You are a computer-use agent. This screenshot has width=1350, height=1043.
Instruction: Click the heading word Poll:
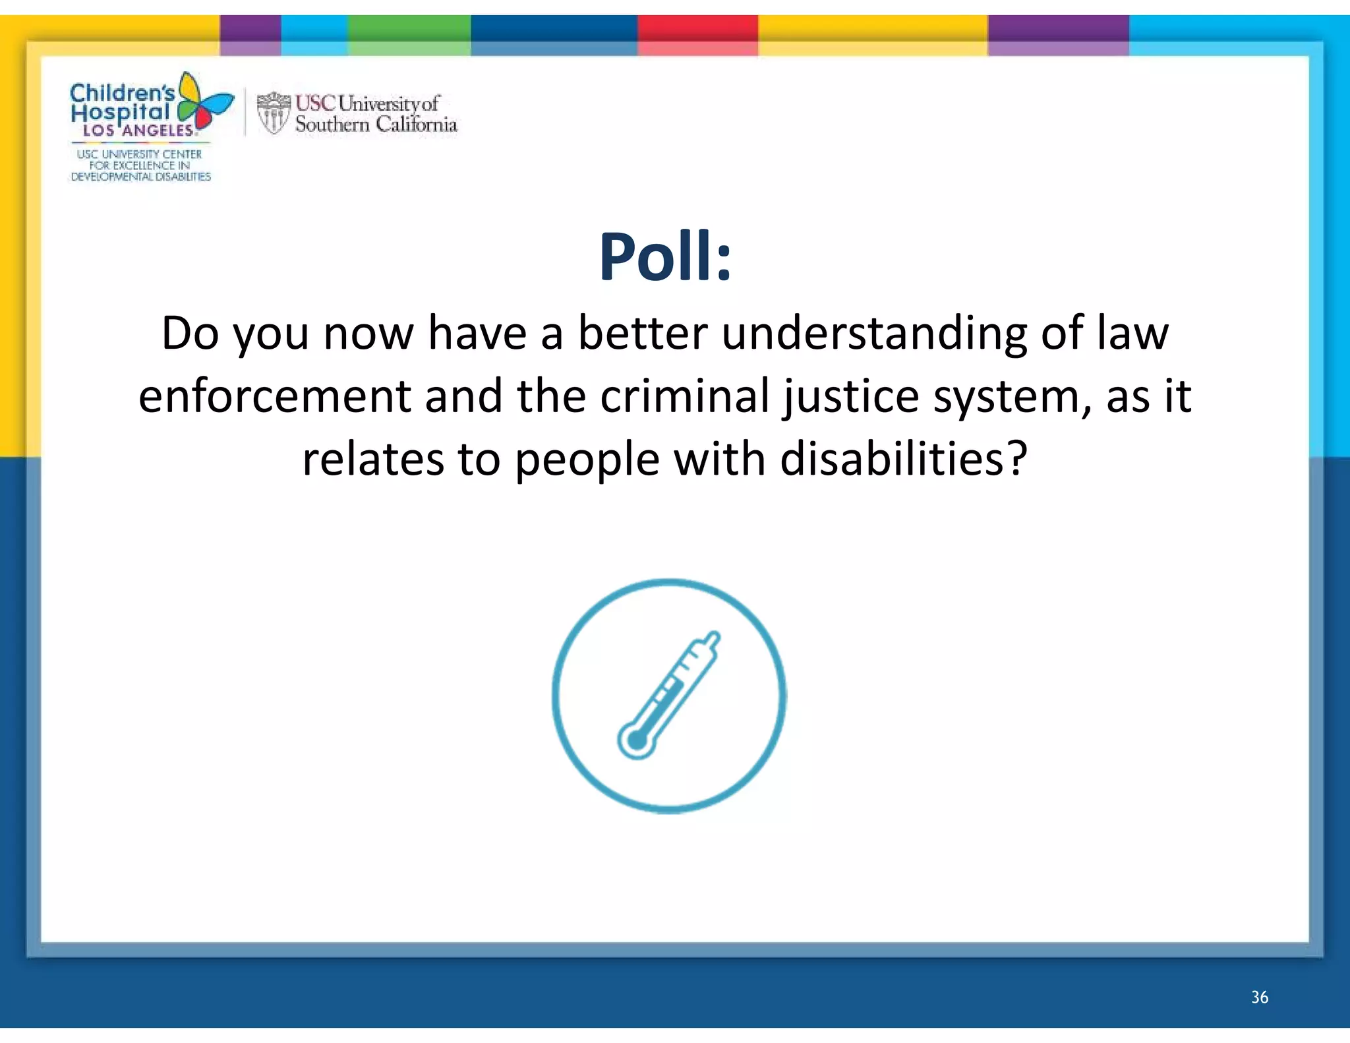[x=665, y=257]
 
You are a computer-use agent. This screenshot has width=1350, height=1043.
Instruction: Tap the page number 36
[x=1259, y=997]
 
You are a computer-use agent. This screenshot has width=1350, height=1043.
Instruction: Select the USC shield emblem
[x=273, y=113]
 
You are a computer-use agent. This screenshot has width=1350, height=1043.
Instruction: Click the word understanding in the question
[x=874, y=333]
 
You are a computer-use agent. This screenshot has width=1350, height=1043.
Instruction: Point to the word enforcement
[x=275, y=396]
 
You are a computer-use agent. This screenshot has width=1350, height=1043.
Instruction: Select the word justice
[x=850, y=396]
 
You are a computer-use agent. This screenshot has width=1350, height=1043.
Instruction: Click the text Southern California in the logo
[x=376, y=124]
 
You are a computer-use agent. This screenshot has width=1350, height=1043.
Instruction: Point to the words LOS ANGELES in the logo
[x=138, y=131]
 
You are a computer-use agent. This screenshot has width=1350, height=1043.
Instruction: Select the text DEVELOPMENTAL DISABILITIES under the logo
[x=140, y=177]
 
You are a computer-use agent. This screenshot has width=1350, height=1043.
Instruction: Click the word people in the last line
[x=587, y=460]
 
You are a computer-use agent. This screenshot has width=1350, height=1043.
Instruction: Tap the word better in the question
[x=642, y=333]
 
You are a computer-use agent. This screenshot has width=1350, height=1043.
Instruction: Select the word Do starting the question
[x=190, y=333]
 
